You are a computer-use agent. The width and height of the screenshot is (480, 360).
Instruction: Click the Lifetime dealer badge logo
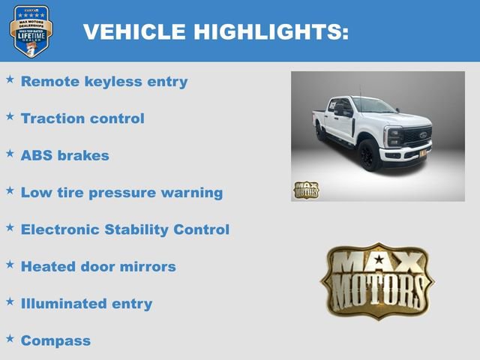point(31,31)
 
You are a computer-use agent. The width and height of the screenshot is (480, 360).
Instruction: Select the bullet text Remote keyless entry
point(104,82)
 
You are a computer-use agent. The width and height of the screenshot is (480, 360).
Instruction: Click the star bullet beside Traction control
point(10,116)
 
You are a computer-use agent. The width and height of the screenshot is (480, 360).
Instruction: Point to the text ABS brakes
point(65,156)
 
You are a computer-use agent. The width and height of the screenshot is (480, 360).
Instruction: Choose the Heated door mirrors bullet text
point(98,266)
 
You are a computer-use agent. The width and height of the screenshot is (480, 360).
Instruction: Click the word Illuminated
point(66,304)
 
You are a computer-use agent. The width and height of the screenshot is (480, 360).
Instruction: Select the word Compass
point(55,340)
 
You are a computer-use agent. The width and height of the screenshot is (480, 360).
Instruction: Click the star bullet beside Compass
point(10,338)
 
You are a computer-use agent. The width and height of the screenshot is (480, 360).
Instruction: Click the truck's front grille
point(418,138)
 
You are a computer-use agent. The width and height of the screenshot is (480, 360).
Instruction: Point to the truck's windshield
point(372,105)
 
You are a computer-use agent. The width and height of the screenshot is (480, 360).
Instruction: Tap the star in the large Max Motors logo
point(378,261)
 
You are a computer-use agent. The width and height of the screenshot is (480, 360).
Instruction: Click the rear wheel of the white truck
point(322,132)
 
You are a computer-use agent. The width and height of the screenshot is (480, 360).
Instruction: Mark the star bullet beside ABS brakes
point(10,153)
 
